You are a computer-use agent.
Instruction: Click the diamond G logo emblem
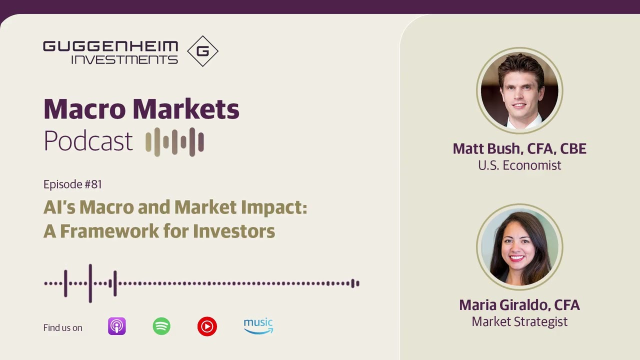coord(202,51)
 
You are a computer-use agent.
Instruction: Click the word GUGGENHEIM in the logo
coord(110,46)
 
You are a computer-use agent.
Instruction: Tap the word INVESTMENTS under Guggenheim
coord(124,59)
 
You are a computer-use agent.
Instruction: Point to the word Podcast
coord(88,141)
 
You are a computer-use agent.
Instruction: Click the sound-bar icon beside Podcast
coord(174,141)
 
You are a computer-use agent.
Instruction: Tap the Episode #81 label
coord(72,184)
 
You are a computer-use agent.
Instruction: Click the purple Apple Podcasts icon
coord(117,326)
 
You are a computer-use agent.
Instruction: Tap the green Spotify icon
coord(161,326)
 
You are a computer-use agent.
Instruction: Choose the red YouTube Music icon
coord(207,326)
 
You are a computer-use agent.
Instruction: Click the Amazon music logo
coord(258,325)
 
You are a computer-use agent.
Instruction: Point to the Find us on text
coord(62,328)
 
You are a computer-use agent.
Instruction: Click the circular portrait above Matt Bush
coord(519,90)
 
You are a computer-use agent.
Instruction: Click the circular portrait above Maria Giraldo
coord(519,247)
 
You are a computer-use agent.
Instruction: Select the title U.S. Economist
coord(519,165)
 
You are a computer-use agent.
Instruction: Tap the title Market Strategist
coord(519,321)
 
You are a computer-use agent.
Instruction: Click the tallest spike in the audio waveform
coord(90,283)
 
